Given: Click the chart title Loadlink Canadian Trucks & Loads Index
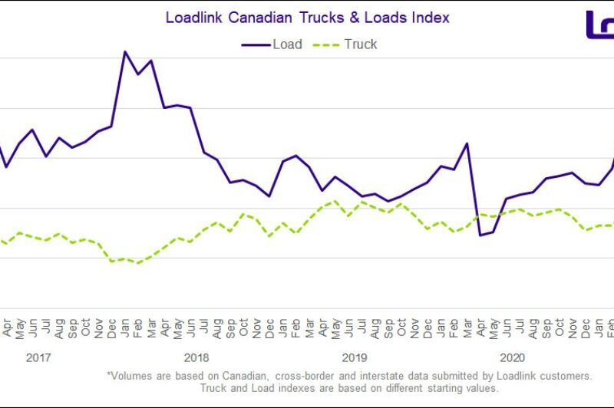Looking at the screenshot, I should pyautogui.click(x=307, y=17).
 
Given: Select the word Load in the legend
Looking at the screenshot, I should pyautogui.click(x=287, y=44).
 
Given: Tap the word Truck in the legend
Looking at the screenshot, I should pyautogui.click(x=360, y=44).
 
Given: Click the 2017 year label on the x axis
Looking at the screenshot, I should pyautogui.click(x=39, y=357).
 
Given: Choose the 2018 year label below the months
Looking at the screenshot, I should pyautogui.click(x=196, y=357).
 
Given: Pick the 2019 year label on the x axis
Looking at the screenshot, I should pyautogui.click(x=355, y=357).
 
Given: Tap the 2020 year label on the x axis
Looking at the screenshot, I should pyautogui.click(x=512, y=357).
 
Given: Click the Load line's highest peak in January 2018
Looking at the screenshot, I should pyautogui.click(x=125, y=51).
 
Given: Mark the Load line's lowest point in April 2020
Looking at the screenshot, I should pyautogui.click(x=480, y=235).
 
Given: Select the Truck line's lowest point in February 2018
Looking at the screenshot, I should pyautogui.click(x=138, y=263).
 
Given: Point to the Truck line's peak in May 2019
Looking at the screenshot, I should pyautogui.click(x=335, y=201).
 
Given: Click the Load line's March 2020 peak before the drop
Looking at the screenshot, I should pyautogui.click(x=467, y=143).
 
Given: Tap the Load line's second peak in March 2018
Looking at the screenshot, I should pyautogui.click(x=151, y=60).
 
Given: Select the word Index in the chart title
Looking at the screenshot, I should pyautogui.click(x=431, y=17).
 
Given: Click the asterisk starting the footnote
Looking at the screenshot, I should pyautogui.click(x=109, y=377).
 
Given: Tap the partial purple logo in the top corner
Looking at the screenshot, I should pyautogui.click(x=600, y=25).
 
